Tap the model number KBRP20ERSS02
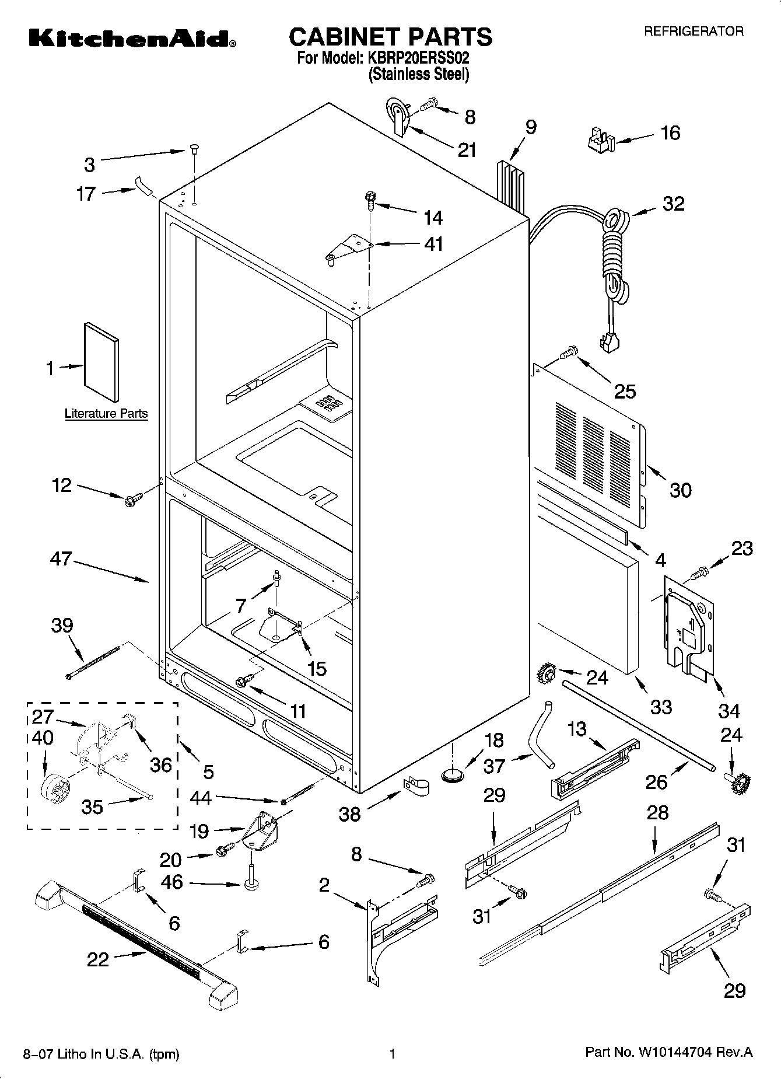(x=418, y=58)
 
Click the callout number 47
(x=61, y=559)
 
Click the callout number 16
(x=670, y=133)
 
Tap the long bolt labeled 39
(x=93, y=662)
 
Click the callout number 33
(x=661, y=707)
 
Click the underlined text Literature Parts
(x=106, y=413)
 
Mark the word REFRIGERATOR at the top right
(x=693, y=32)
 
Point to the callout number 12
(x=61, y=484)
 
